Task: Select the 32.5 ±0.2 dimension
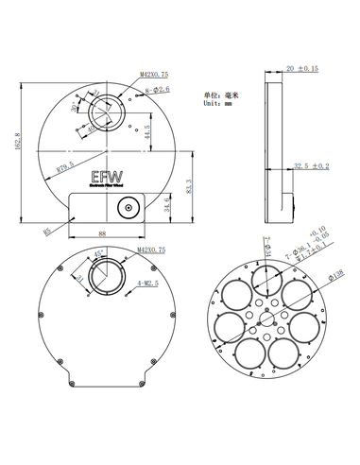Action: click(311, 166)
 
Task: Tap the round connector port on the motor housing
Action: click(123, 207)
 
